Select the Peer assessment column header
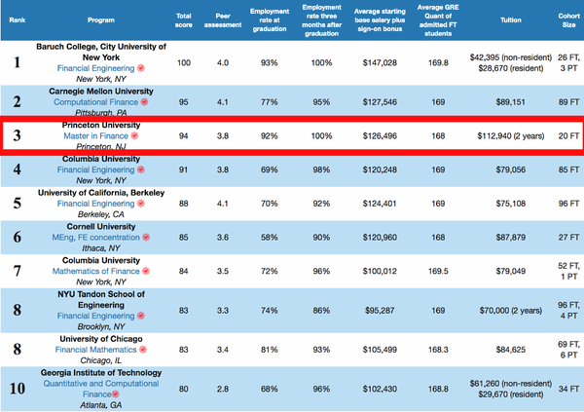pyautogui.click(x=222, y=19)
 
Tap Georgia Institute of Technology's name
pyautogui.click(x=92, y=372)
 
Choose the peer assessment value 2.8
pyautogui.click(x=222, y=390)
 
